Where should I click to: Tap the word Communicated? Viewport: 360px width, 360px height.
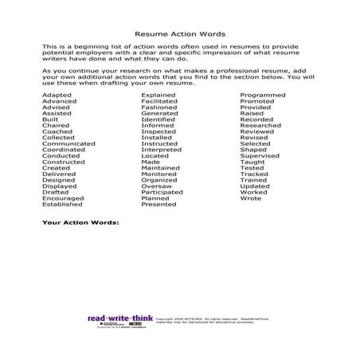click(68, 143)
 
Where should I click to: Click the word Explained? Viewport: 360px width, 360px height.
click(158, 95)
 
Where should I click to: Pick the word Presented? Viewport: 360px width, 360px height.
click(158, 205)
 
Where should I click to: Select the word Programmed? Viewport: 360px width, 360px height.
click(262, 95)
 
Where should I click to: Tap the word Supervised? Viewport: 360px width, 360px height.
click(259, 155)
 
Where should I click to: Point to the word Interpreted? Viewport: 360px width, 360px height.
click(161, 150)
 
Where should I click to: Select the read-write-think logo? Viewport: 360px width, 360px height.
click(119, 318)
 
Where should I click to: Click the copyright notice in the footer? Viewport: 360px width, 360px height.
click(213, 319)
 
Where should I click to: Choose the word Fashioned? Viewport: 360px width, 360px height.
click(158, 107)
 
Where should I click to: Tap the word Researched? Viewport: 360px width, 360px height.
click(260, 125)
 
